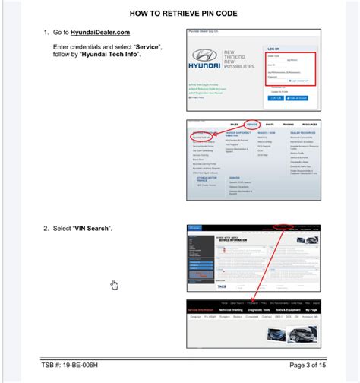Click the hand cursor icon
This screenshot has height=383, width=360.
(x=115, y=285)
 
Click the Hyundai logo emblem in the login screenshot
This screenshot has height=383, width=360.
(x=204, y=57)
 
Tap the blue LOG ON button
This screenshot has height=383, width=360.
(x=275, y=97)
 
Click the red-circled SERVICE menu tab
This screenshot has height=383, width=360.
(x=253, y=123)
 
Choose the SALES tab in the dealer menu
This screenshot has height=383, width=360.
(x=234, y=123)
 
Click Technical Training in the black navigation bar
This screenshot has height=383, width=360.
(x=236, y=310)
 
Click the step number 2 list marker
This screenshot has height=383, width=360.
(x=46, y=229)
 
